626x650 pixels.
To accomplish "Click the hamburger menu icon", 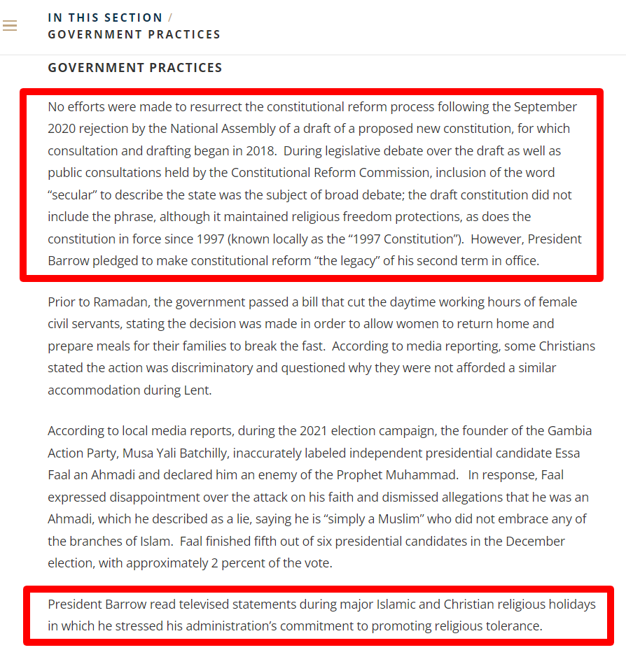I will (10, 26).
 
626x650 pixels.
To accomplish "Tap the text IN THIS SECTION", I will (105, 17).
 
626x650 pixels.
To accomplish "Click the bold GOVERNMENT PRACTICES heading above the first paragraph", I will (135, 68).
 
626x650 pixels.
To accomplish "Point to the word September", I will (545, 107).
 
